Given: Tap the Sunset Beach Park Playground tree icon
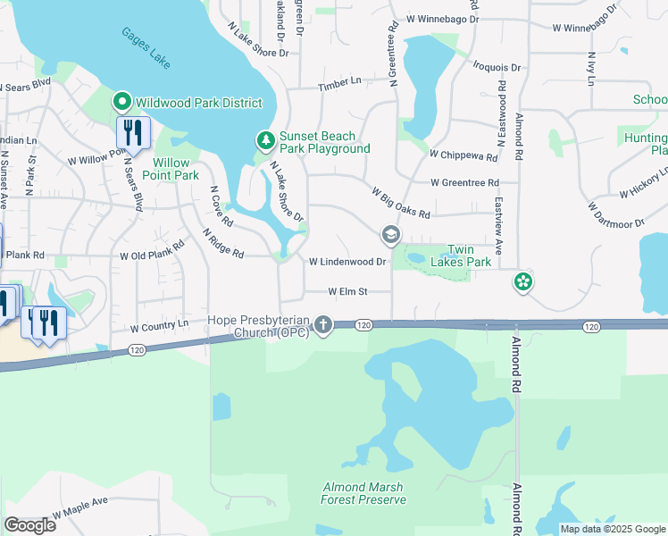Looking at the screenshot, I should coord(264,140).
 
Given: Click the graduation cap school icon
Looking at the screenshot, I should coord(389,235).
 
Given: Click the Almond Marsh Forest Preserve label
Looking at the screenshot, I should coord(363,493).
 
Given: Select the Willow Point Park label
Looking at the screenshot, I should coord(171,169).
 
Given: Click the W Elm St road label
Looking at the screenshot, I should coord(347,291).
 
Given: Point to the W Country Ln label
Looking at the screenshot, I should coord(161,328).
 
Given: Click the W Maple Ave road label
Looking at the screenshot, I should coord(79,509).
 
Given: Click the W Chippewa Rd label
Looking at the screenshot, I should coord(463,155).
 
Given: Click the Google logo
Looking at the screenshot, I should coord(29,525).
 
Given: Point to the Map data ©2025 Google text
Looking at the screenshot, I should coord(612,529).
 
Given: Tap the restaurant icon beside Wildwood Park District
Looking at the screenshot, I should coord(133,133).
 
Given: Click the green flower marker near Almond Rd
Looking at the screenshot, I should coord(523,282).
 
